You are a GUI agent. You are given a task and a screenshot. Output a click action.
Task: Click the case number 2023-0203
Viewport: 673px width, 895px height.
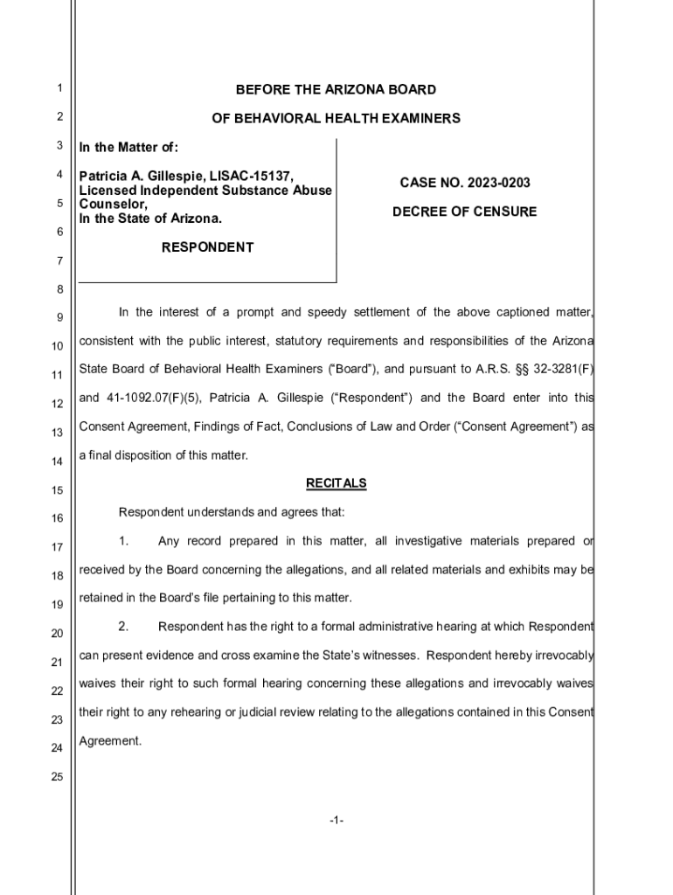[x=498, y=183]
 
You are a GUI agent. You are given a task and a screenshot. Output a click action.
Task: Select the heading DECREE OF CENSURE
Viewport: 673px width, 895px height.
[x=464, y=212]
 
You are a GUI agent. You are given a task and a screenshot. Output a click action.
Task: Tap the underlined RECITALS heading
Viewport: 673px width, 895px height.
[x=336, y=483]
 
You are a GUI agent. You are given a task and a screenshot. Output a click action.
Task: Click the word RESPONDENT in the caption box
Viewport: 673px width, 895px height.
[x=208, y=247]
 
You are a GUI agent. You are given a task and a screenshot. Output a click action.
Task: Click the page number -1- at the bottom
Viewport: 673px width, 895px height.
[x=336, y=821]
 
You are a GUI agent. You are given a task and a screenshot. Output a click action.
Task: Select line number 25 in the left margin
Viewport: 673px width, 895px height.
[x=58, y=777]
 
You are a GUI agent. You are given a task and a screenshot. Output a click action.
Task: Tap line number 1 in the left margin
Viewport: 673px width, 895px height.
[x=58, y=88]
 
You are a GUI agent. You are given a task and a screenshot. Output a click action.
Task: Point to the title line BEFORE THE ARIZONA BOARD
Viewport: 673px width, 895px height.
[x=336, y=90]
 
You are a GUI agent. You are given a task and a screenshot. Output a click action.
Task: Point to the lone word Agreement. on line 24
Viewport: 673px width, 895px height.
[x=110, y=740]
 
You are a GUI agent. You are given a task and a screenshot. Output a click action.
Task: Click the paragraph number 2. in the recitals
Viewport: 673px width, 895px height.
[x=123, y=626]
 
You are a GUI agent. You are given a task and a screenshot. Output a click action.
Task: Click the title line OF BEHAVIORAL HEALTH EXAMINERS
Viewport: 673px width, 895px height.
[x=336, y=118]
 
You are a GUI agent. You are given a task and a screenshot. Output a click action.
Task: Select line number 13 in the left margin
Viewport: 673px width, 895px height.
[x=58, y=433]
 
